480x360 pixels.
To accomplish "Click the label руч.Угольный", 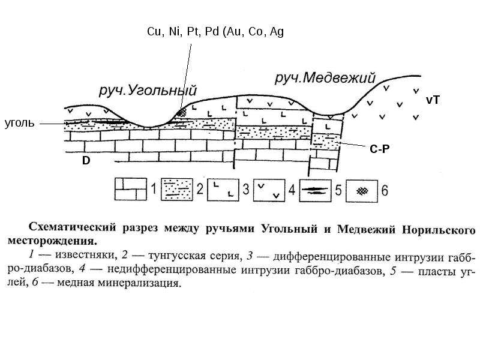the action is (x=148, y=91).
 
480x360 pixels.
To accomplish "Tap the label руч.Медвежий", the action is (x=325, y=78).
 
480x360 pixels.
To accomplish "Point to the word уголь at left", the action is (x=19, y=123).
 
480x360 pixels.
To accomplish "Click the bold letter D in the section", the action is (x=86, y=160).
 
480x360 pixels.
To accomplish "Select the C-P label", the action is (x=380, y=149).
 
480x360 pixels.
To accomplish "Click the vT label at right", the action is (x=433, y=100).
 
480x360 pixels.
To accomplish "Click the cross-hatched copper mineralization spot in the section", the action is (x=183, y=112).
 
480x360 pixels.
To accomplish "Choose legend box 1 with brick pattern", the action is (x=131, y=190).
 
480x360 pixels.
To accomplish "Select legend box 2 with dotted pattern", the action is (x=177, y=190).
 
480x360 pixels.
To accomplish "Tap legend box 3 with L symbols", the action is (x=223, y=190).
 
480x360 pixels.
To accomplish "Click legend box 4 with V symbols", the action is (x=269, y=190).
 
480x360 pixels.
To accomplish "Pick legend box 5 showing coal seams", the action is (x=316, y=190).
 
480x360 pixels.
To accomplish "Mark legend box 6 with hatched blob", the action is (x=362, y=191).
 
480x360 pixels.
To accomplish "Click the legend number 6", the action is (x=385, y=190).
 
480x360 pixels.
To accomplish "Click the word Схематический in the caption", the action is (x=73, y=228).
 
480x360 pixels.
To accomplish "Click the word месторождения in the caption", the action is (x=52, y=241).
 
